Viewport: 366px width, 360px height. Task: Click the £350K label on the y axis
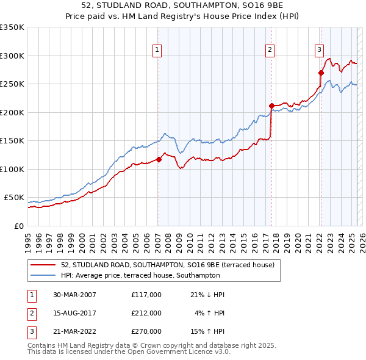12,27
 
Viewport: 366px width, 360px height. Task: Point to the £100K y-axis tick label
12,169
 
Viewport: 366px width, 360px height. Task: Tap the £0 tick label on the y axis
18,226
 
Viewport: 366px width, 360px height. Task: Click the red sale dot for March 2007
159,160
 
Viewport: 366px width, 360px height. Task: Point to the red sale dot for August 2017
271,106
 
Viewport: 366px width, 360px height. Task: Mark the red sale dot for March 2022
320,73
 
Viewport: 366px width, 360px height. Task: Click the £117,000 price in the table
146,295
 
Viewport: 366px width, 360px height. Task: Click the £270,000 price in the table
146,331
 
